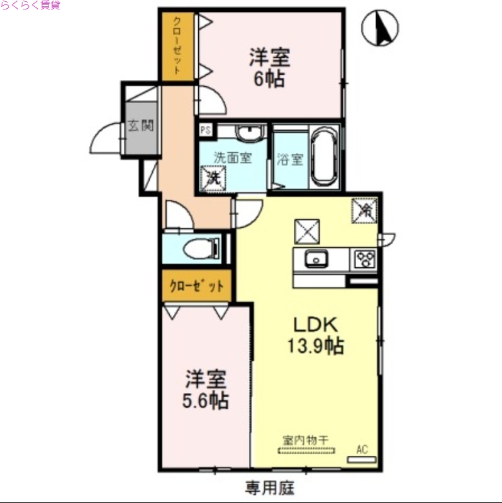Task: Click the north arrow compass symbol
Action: point(381,28)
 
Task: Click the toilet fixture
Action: point(201,249)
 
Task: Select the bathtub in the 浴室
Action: point(323,157)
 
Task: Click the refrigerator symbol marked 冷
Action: point(364,210)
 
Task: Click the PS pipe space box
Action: point(205,130)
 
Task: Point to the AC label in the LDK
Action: point(362,450)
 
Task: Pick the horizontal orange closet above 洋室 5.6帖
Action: point(196,286)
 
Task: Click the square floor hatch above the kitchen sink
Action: point(306,231)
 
